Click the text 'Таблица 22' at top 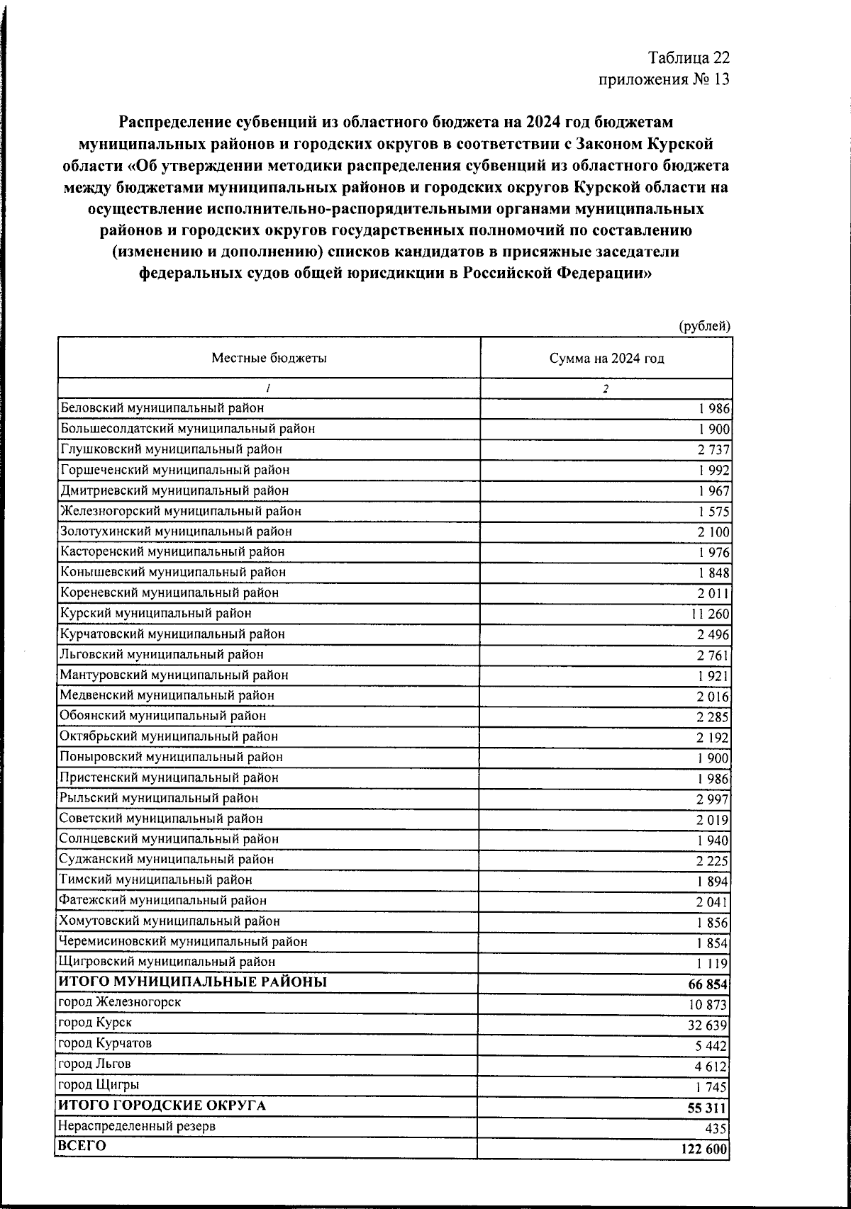click(x=689, y=57)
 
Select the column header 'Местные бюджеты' click(x=269, y=359)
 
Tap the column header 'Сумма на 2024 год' click(x=606, y=359)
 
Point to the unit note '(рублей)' click(x=704, y=326)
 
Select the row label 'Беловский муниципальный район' click(x=162, y=408)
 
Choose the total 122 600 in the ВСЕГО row click(x=704, y=1149)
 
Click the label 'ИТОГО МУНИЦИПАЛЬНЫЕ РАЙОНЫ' click(x=192, y=982)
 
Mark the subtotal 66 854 click(x=708, y=985)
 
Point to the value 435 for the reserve click(x=717, y=1129)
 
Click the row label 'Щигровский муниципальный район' click(x=168, y=962)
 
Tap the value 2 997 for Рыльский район click(x=713, y=800)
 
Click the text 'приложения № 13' click(x=664, y=79)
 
